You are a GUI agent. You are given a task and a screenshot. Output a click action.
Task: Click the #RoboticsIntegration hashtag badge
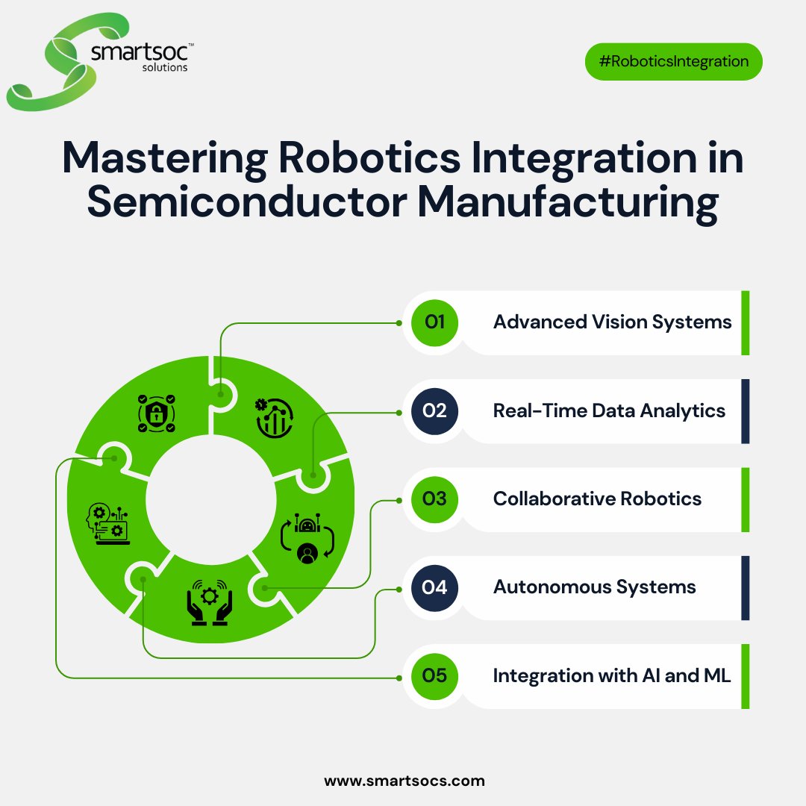(x=673, y=61)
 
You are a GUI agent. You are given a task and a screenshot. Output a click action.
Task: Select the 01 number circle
(x=434, y=322)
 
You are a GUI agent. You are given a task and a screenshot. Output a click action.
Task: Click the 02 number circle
(x=434, y=410)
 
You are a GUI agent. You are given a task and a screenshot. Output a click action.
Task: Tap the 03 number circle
(x=434, y=499)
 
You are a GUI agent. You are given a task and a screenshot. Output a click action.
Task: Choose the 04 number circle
(x=434, y=587)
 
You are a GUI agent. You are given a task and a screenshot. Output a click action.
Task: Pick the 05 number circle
(x=434, y=675)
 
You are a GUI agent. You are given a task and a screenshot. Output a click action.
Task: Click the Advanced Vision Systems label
(x=612, y=322)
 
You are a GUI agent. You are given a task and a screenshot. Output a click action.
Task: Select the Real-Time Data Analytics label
(x=609, y=410)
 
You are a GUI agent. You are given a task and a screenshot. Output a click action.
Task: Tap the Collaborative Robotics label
(x=597, y=499)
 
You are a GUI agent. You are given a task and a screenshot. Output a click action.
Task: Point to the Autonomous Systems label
(x=594, y=587)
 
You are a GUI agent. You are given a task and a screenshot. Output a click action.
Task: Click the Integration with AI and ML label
(x=612, y=675)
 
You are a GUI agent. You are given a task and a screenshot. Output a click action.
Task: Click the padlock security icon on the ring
(x=156, y=414)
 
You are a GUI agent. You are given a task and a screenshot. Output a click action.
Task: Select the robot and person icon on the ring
(x=307, y=538)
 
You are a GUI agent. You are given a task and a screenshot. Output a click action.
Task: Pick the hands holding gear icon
(x=210, y=602)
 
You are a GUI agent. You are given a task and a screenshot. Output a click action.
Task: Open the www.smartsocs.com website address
(x=404, y=781)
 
